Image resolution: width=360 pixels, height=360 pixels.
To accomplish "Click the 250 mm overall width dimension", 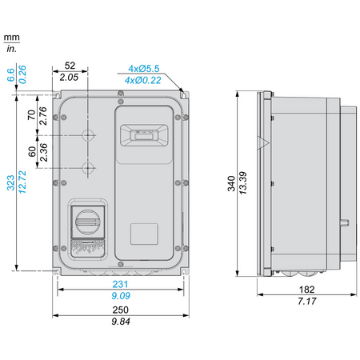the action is (x=120, y=310).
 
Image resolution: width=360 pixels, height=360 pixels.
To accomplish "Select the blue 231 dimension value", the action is (x=120, y=284).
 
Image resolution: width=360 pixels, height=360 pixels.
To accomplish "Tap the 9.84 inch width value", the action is (x=121, y=322).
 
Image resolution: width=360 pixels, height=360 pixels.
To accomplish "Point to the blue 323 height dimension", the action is (x=10, y=182).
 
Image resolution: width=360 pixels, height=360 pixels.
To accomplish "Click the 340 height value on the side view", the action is (x=231, y=183).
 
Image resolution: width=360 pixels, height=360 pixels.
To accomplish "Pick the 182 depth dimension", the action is (x=306, y=290).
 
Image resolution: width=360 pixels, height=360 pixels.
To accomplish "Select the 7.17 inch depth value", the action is (x=307, y=302).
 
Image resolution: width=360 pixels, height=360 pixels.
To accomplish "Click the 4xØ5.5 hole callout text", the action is (x=144, y=69).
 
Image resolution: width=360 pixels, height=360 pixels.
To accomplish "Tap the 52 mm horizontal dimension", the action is (x=70, y=66).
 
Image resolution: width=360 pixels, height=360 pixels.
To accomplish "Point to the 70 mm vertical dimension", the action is (x=31, y=115).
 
